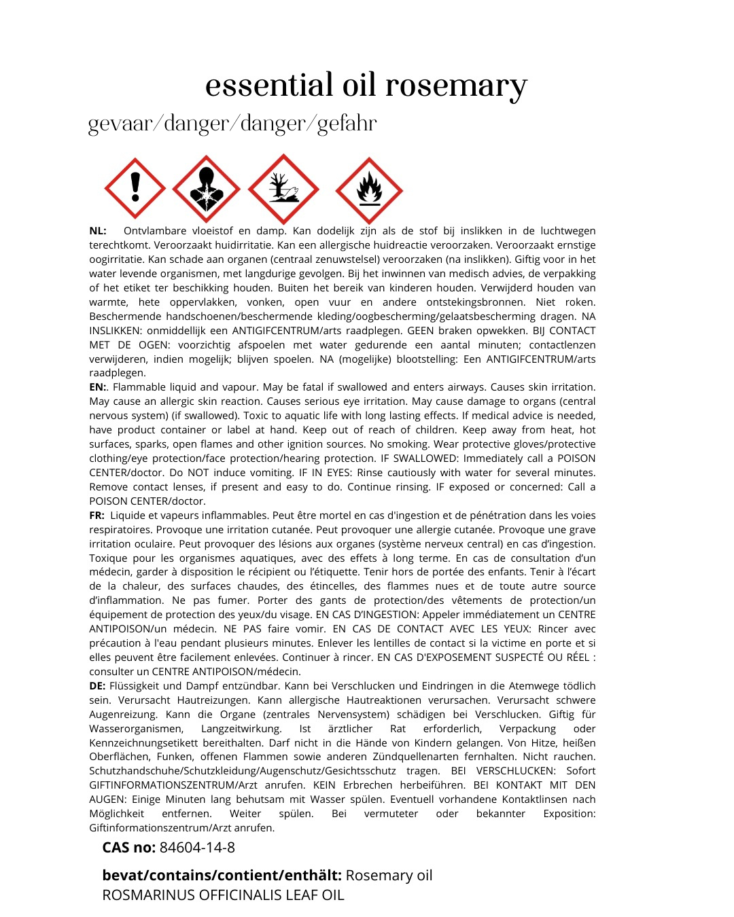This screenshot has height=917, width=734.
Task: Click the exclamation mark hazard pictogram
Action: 135,188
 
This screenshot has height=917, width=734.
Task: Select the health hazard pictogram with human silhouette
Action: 206,189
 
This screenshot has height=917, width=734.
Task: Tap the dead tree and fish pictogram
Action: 283,189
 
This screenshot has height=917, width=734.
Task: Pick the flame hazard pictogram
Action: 369,190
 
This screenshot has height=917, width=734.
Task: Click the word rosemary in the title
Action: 456,86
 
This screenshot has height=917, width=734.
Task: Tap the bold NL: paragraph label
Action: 98,231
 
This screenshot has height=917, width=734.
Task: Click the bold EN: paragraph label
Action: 98,387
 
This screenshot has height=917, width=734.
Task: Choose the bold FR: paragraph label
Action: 97,516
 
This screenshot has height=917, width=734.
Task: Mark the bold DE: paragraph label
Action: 98,686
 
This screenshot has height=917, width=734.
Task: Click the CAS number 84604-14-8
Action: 197,848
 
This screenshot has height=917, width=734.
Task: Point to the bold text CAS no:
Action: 129,848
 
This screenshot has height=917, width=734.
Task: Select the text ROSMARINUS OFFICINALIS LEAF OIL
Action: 223,895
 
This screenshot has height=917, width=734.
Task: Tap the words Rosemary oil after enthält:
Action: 389,875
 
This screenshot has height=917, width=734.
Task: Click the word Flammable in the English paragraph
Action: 138,387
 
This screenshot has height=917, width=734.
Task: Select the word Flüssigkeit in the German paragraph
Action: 136,686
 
